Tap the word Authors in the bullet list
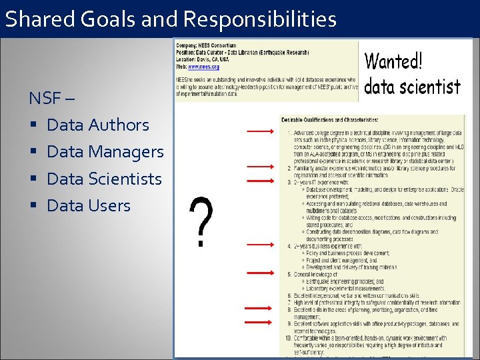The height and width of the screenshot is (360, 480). click(x=119, y=125)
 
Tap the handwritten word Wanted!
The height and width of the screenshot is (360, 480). click(x=393, y=62)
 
